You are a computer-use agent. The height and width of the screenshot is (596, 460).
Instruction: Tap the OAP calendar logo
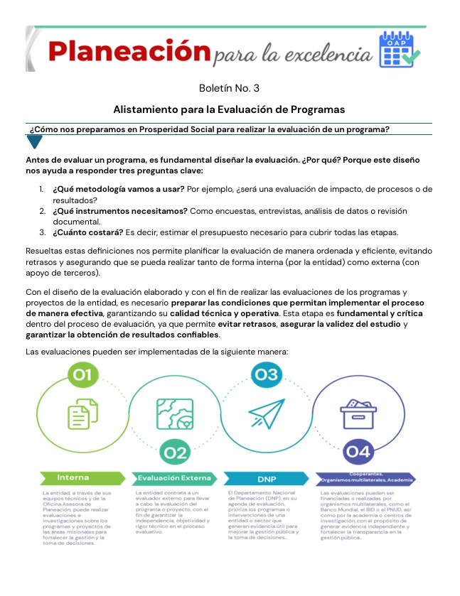[400, 49]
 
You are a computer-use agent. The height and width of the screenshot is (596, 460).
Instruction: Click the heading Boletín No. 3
[229, 89]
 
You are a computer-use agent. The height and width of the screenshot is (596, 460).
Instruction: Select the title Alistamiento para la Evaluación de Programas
[229, 109]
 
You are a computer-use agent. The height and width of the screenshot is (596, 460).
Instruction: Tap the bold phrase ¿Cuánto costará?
[87, 232]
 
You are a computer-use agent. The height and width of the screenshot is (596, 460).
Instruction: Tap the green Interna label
[73, 477]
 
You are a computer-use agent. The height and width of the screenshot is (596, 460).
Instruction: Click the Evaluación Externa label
[174, 477]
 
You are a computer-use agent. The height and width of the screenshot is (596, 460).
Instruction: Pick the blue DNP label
[267, 479]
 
